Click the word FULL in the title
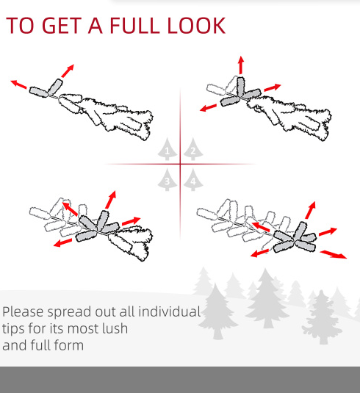coord(134,25)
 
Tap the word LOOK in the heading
coord(196,25)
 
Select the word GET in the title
coord(60,25)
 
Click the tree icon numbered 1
coord(168,149)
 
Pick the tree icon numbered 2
coord(193,149)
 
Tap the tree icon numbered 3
coord(168,180)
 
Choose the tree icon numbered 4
coord(193,180)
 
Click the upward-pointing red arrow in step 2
coord(241,65)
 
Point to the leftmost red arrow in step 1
coord(19,84)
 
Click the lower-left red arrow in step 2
coord(208,108)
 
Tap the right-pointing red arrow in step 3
coord(131,221)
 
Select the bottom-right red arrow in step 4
coord(334,254)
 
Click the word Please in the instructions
coord(24,312)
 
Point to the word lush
coord(115,328)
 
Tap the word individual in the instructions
coord(169,311)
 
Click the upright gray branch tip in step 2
coord(241,87)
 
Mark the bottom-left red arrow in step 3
coord(62,242)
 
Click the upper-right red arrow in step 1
coord(68,71)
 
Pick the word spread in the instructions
coord(70,312)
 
